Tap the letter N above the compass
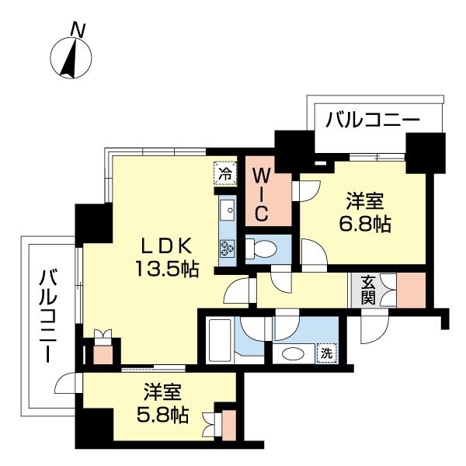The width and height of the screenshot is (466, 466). (78, 30)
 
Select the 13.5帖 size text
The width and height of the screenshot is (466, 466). (165, 270)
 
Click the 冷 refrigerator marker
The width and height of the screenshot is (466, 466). (224, 172)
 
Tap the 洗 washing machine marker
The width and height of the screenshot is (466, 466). (327, 353)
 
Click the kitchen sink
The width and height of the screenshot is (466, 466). (228, 210)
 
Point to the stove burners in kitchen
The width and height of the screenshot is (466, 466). (228, 249)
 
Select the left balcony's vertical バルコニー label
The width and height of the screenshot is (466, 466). (50, 315)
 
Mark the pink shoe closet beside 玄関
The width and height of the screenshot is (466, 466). (412, 290)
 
